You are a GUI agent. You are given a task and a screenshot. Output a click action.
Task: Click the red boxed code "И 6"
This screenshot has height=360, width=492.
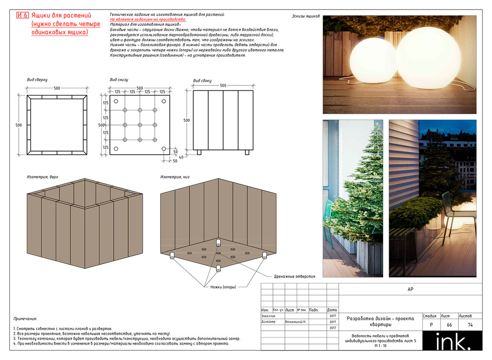22,15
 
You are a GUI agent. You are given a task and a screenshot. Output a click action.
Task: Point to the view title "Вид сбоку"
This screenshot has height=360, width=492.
202,81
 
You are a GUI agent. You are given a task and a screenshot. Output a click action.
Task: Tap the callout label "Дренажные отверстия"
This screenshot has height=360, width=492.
294,276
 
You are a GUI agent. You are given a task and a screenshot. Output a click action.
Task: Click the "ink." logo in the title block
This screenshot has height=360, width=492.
452,342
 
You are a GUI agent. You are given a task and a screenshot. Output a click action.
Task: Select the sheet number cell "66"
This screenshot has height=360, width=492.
449,325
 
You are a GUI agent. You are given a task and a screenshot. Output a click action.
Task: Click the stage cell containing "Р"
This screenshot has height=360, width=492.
430,325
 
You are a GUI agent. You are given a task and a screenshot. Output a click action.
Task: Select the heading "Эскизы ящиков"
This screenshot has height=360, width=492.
306,16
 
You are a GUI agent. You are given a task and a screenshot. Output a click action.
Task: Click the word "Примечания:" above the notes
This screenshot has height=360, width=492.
25,319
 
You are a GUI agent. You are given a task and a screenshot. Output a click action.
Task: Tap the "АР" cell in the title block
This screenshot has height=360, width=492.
410,289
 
